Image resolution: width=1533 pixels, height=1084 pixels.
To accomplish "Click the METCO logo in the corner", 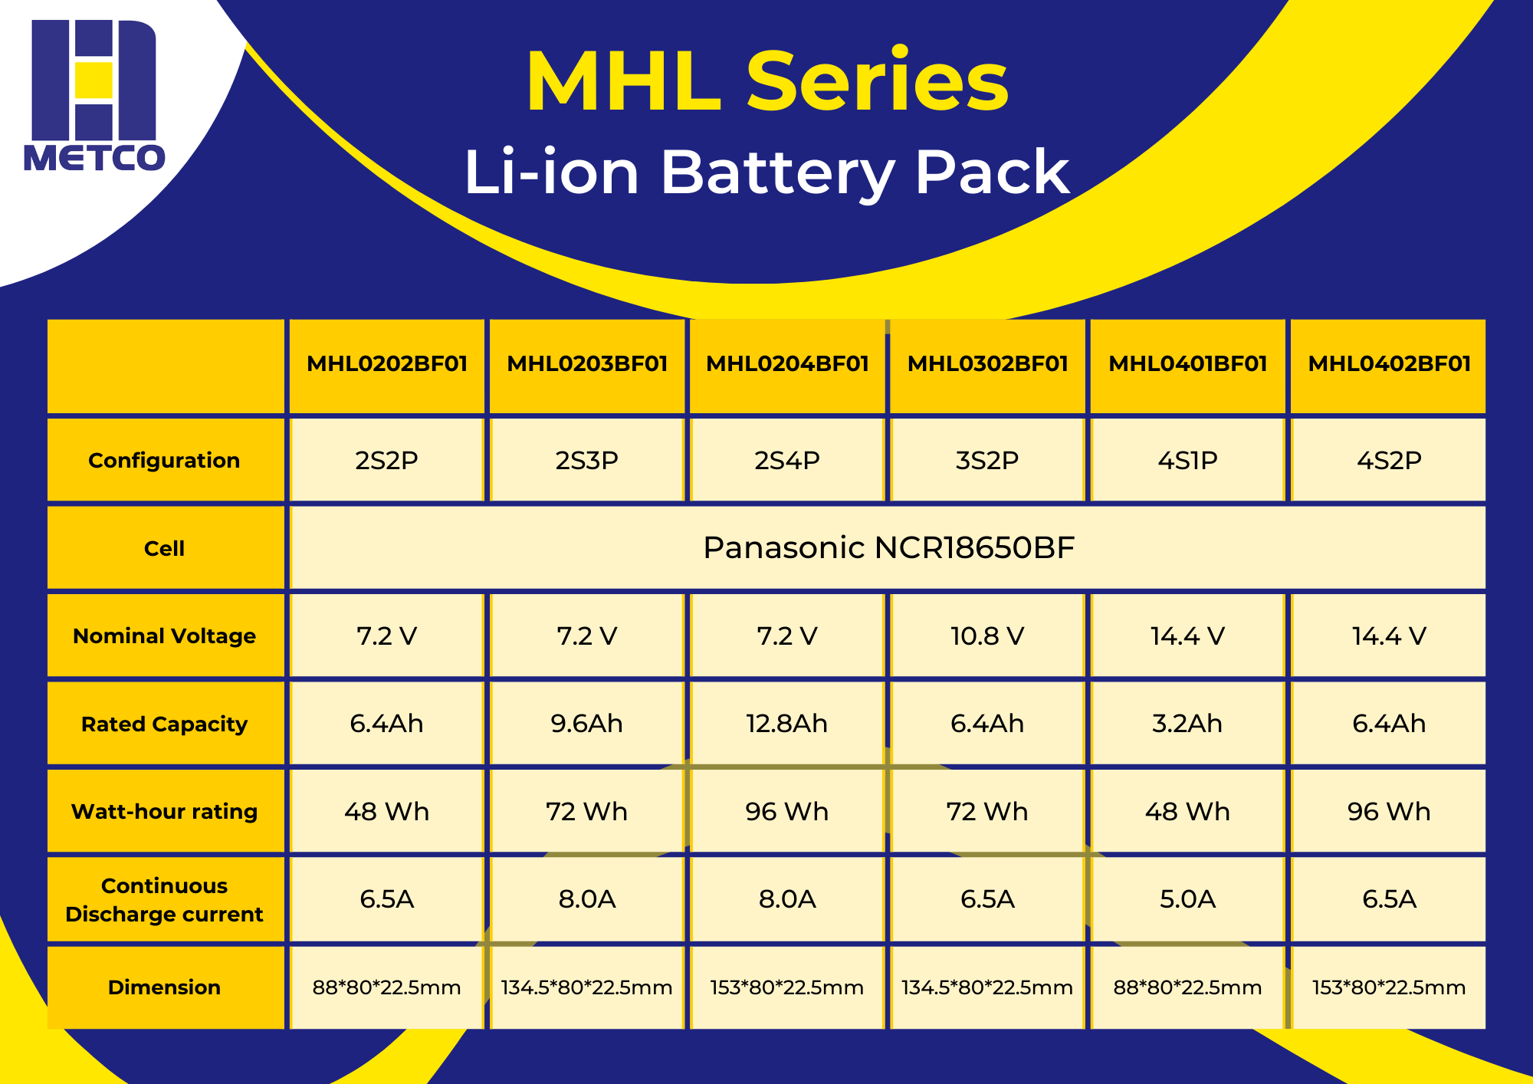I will click(x=94, y=96).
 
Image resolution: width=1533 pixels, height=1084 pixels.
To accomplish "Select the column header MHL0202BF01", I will click(x=387, y=363).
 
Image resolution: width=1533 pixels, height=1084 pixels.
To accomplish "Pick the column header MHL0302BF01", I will click(x=987, y=363).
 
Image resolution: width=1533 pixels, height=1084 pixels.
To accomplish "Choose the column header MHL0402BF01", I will click(x=1389, y=363).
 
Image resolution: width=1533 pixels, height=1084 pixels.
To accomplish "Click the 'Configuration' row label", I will click(x=164, y=460).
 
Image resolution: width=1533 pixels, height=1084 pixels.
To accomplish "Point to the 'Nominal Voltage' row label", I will click(x=164, y=636).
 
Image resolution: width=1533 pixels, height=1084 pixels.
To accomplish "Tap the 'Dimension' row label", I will click(x=164, y=987).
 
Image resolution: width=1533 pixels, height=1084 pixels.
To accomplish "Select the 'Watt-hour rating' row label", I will click(x=164, y=811).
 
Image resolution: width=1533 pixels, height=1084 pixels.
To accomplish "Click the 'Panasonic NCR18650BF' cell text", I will click(x=888, y=547).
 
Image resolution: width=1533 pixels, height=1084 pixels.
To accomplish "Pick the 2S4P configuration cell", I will click(x=787, y=460).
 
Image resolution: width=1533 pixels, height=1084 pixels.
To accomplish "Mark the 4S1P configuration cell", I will click(x=1187, y=460).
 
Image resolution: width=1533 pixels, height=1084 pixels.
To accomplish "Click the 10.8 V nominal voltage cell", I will click(x=987, y=636).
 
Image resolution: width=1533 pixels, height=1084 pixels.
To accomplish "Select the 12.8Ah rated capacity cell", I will click(x=787, y=723).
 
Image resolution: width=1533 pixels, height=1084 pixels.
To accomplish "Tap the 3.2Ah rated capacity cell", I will click(x=1187, y=723).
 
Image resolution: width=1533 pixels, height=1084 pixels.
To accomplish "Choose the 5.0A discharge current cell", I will click(x=1187, y=898).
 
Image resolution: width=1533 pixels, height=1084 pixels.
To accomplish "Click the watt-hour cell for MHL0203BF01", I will click(x=587, y=811).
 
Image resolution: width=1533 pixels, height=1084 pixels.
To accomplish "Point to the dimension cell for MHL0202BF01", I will click(x=387, y=987).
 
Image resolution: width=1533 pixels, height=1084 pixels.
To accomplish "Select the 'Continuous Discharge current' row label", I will click(x=164, y=899).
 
